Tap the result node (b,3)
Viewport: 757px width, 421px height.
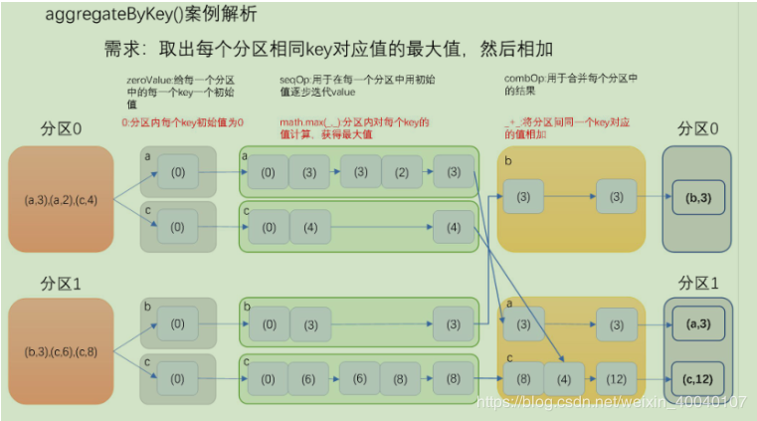(698, 199)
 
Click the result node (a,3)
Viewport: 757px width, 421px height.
(698, 324)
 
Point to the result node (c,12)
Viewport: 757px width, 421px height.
(698, 379)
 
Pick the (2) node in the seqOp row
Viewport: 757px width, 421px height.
(402, 172)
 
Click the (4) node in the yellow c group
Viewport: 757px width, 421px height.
(563, 379)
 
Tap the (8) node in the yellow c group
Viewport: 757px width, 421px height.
(523, 379)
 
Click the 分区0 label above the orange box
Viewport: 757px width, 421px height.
(61, 130)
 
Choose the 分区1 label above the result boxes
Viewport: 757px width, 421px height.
(698, 284)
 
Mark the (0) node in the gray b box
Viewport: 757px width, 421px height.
(177, 324)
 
